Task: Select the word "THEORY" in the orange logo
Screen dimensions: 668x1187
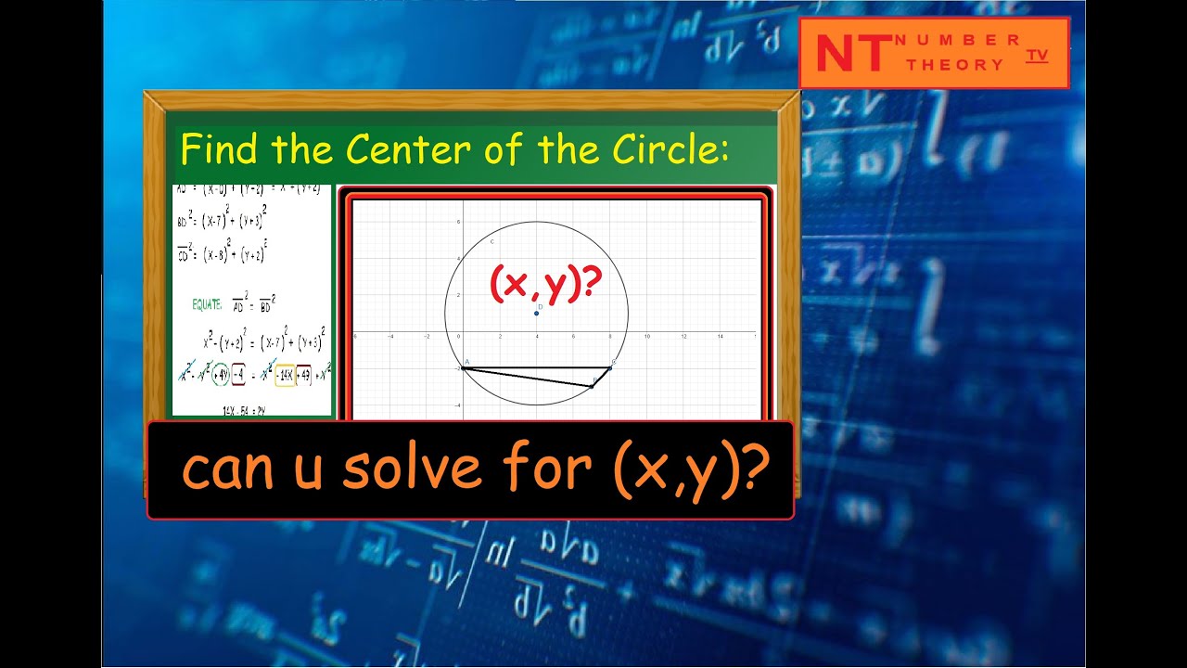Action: (x=955, y=65)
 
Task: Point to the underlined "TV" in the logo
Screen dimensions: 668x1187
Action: (x=1037, y=56)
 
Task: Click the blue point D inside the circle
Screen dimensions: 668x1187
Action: (x=537, y=313)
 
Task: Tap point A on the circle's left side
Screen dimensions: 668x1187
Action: (x=463, y=367)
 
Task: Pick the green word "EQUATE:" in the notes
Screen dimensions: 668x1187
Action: (x=209, y=302)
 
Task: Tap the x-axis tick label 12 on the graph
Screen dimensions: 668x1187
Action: (x=683, y=337)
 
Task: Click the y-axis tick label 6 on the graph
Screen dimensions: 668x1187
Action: (x=458, y=223)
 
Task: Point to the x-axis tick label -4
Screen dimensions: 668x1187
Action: (x=390, y=337)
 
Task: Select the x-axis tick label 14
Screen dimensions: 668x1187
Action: (x=720, y=337)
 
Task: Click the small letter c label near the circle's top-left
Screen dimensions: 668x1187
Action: (x=491, y=242)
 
